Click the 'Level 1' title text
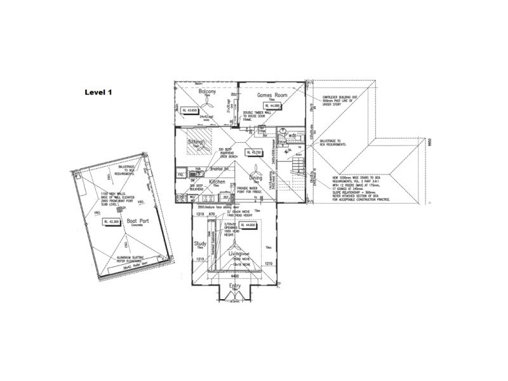point(98,92)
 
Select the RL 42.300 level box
point(114,222)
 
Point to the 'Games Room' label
point(272,95)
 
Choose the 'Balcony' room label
point(208,91)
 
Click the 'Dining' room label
point(255,178)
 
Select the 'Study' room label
point(201,244)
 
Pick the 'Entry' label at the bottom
point(235,293)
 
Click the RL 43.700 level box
point(255,152)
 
